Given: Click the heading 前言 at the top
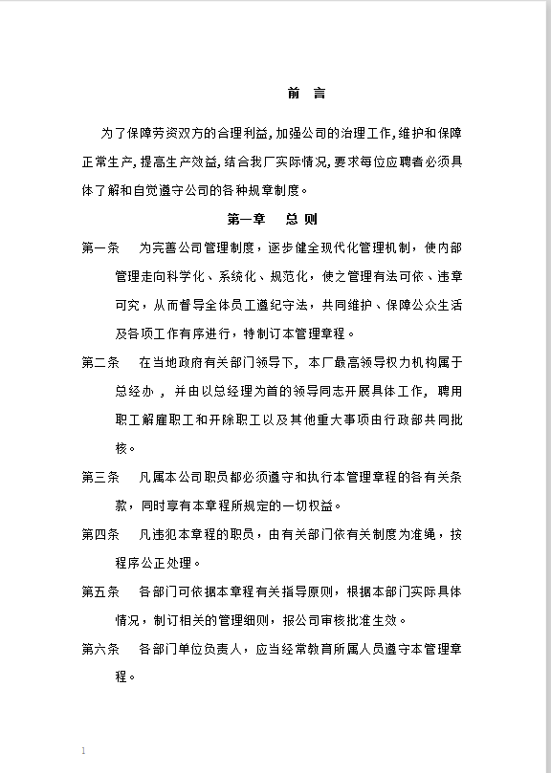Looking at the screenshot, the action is pyautogui.click(x=306, y=94).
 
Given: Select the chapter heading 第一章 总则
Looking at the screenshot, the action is pyautogui.click(x=272, y=219).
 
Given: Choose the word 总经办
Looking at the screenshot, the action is pyautogui.click(x=134, y=391).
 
